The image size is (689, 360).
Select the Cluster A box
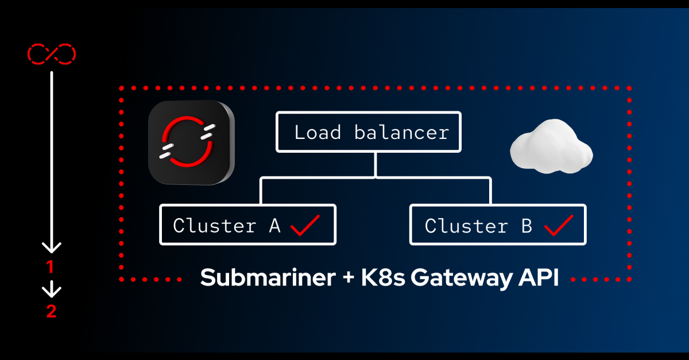coord(247,224)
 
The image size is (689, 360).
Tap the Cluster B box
coord(497,224)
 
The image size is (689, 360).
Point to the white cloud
coord(551,150)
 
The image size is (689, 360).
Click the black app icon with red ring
coord(191,142)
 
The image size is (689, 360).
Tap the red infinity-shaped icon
coord(52,54)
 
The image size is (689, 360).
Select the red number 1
coord(51,267)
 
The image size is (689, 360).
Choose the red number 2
coord(51,312)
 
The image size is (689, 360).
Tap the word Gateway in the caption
coord(454,278)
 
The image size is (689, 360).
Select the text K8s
coord(383,278)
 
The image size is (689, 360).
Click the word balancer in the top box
coord(401,133)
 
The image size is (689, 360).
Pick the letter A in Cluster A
coord(274,225)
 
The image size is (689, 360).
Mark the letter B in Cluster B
coord(526,225)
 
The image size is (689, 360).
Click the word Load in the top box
coord(318,133)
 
